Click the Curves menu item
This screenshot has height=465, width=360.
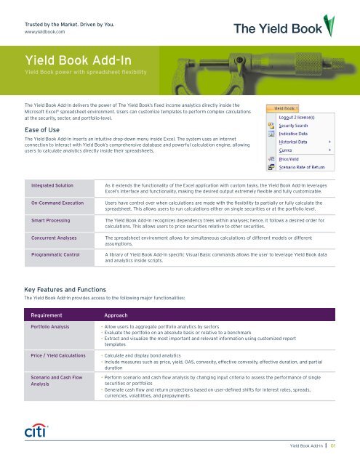pyautogui.click(x=289, y=155)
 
